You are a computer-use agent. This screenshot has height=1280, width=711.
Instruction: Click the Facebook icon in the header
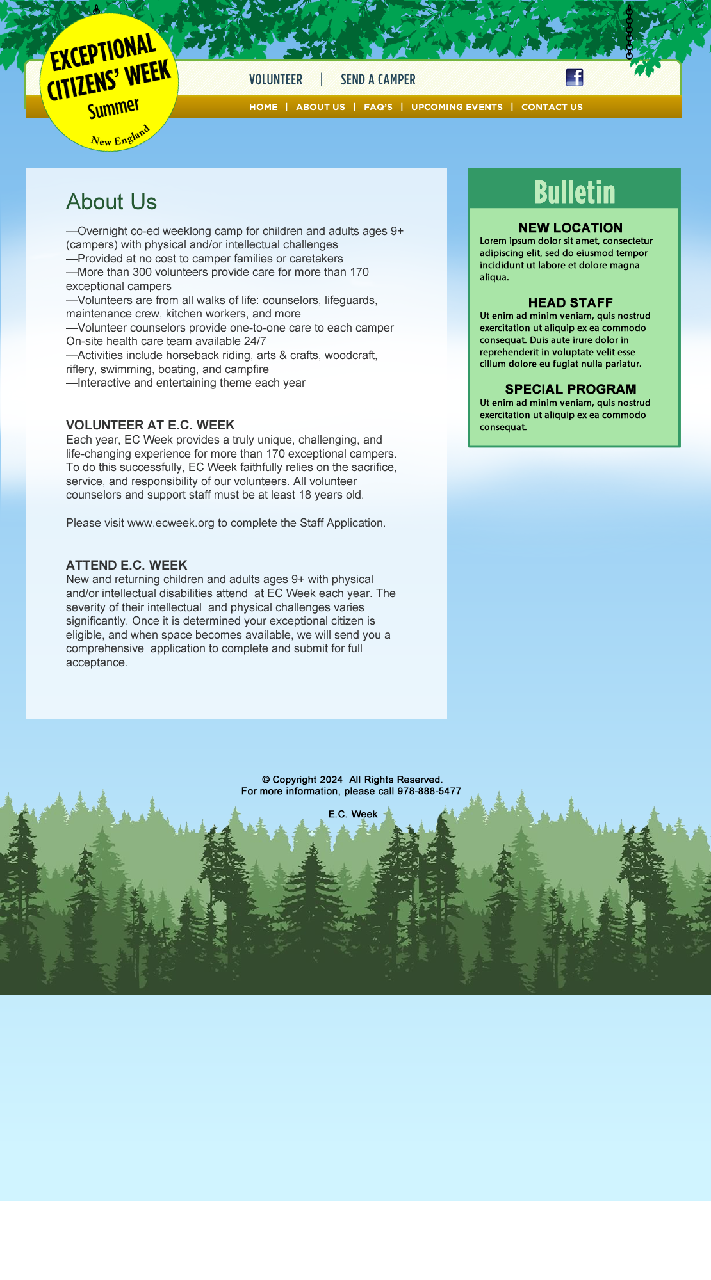(x=575, y=77)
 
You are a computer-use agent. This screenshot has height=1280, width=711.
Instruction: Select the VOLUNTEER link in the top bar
(x=275, y=79)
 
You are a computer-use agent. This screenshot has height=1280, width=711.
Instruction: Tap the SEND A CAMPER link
(x=378, y=79)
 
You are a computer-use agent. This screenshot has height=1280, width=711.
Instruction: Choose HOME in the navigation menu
(x=263, y=107)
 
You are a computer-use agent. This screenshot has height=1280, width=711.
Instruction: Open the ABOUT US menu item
(x=320, y=107)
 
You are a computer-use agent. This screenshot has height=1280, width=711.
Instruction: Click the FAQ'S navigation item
(x=378, y=107)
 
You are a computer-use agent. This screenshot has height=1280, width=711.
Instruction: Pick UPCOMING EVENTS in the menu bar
(x=457, y=107)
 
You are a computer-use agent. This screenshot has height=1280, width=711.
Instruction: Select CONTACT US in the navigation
(x=552, y=107)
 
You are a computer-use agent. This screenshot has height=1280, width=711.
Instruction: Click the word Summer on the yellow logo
(x=113, y=108)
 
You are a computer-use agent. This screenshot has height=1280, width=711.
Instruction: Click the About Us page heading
(x=111, y=202)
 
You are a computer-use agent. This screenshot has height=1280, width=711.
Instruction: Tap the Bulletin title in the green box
(x=575, y=192)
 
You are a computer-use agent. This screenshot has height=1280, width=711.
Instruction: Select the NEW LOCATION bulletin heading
(x=570, y=228)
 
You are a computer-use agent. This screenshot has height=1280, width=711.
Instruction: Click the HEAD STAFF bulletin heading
(x=570, y=303)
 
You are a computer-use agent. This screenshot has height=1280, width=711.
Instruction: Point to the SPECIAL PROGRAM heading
(x=570, y=389)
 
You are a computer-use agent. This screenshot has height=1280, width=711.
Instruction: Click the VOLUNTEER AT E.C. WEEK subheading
(x=150, y=425)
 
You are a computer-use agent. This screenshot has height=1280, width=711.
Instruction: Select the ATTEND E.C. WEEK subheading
(x=126, y=565)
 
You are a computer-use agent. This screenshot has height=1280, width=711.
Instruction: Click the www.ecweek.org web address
(x=170, y=523)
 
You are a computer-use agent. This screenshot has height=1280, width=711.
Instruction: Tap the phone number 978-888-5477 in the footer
(x=429, y=791)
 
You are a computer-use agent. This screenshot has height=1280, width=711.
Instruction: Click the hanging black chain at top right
(x=629, y=32)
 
